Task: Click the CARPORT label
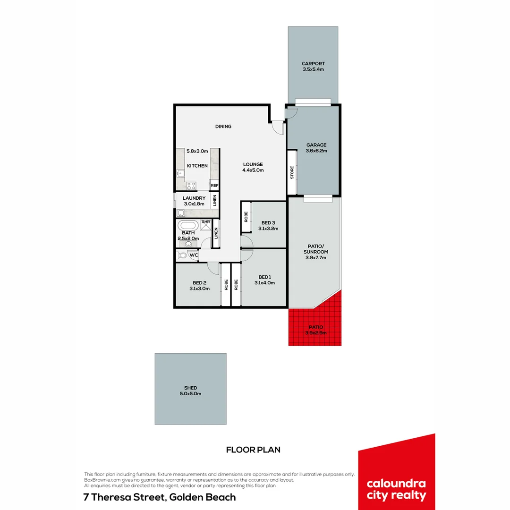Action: [x=313, y=64]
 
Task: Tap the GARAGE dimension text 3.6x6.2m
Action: [x=316, y=151]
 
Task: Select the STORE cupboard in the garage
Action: [x=292, y=172]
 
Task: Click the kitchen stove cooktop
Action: [x=191, y=185]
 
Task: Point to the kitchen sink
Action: [x=179, y=173]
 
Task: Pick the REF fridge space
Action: [x=214, y=186]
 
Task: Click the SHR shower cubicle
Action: [x=206, y=224]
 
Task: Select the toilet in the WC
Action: [x=182, y=255]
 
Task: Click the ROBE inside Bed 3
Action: [x=246, y=217]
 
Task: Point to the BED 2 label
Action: [x=199, y=283]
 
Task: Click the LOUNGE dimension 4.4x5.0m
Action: [x=253, y=170]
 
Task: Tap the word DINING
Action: [x=223, y=127]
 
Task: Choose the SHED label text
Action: [x=190, y=388]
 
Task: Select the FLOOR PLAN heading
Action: [x=253, y=450]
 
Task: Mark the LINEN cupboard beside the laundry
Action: [x=215, y=200]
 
